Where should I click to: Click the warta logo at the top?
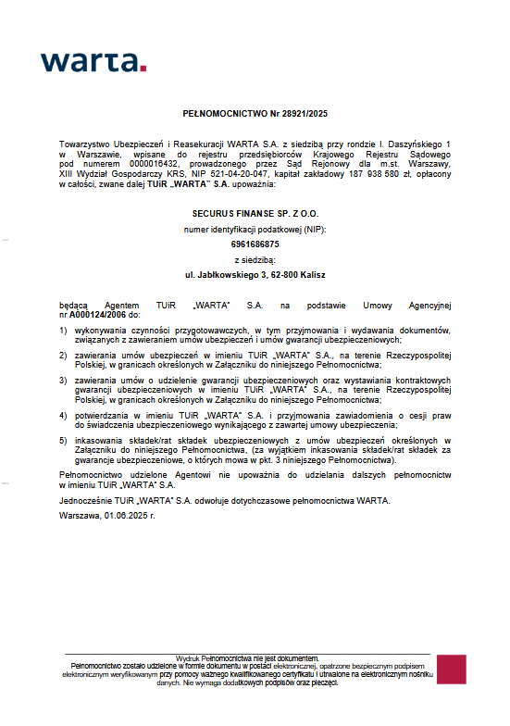click(x=93, y=62)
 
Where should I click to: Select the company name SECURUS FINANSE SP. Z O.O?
click(x=255, y=213)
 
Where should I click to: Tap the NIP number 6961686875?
click(x=255, y=244)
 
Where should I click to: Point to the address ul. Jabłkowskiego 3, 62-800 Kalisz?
click(x=255, y=275)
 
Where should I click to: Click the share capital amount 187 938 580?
click(x=371, y=173)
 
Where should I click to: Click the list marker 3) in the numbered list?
click(x=63, y=380)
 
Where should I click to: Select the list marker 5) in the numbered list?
click(x=63, y=441)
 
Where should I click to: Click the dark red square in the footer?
click(x=451, y=670)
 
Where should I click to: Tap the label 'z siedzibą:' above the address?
click(x=255, y=259)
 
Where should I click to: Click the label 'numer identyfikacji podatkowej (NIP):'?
click(x=255, y=229)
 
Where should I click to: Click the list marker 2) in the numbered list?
click(x=63, y=355)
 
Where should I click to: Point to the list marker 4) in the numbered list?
click(x=63, y=416)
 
